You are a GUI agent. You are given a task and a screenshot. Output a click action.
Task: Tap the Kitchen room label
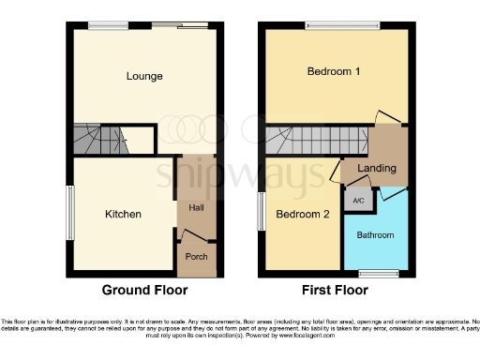(123, 215)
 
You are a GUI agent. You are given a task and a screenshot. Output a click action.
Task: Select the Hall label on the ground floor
(195, 208)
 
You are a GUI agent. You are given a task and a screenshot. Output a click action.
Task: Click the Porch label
(195, 255)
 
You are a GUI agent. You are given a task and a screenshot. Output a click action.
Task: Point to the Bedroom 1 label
(334, 71)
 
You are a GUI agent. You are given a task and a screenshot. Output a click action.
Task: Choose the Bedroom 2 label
(303, 214)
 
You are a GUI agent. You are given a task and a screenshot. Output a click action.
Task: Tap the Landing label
(377, 169)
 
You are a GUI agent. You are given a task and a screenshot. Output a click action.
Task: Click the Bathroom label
(374, 234)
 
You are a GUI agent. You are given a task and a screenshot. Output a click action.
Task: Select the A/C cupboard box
(358, 201)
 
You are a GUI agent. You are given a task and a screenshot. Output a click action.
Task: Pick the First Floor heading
(335, 291)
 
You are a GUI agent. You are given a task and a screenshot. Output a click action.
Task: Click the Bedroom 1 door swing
(387, 117)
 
